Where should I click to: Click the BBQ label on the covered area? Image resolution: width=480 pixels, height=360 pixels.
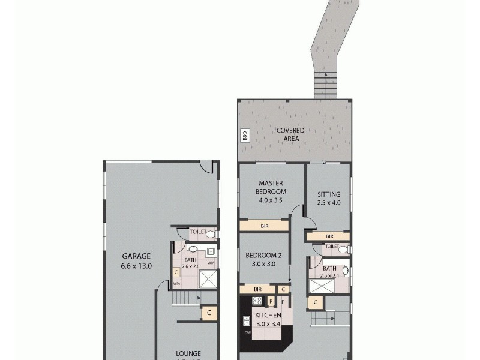[x=244, y=136]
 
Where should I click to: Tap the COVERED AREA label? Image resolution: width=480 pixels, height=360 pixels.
[x=290, y=134]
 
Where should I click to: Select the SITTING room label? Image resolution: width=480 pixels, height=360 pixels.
[x=329, y=194]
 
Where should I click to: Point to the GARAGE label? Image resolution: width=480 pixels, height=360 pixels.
[x=137, y=256]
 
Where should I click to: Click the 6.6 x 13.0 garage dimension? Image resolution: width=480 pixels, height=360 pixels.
[x=137, y=265]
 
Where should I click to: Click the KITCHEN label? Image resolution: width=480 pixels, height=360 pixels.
[x=269, y=316]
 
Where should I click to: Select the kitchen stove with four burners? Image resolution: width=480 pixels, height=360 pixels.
[x=257, y=301]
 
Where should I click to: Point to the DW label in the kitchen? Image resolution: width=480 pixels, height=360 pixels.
[x=247, y=333]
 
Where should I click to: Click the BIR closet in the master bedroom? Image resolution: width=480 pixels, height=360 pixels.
[x=264, y=226]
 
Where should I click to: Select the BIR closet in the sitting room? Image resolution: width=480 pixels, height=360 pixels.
[x=328, y=237]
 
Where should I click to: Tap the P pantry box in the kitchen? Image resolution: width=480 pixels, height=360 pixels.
[x=271, y=302]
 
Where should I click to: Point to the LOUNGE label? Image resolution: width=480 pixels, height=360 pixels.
[x=188, y=353]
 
